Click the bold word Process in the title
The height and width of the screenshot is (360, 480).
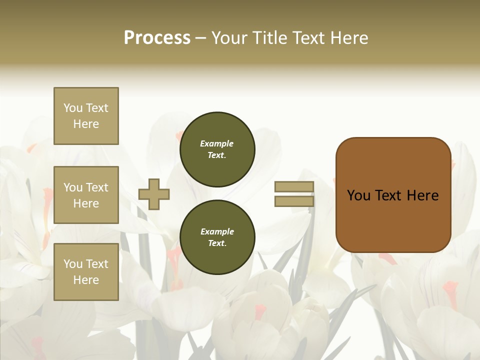[157, 38]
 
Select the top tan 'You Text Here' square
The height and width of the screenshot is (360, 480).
[86, 116]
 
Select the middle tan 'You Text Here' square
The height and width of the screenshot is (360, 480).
[86, 195]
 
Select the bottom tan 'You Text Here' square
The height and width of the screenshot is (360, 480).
[86, 272]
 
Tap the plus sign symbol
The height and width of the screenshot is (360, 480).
[154, 194]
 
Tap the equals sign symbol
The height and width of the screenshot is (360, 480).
[294, 194]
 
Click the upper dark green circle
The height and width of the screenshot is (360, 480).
[217, 149]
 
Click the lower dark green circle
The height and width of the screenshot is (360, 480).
[217, 237]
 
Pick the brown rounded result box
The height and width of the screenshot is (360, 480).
[393, 195]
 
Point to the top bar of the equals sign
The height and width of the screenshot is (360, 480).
[294, 187]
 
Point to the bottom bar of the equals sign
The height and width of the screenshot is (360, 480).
[294, 201]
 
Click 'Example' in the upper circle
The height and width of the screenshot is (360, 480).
[217, 143]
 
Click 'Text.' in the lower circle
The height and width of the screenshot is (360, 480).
[217, 243]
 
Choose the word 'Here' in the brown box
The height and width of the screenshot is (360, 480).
[422, 195]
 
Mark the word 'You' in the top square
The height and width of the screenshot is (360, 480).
[73, 108]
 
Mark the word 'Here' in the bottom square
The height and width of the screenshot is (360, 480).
[86, 280]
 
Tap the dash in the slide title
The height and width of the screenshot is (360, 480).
[201, 38]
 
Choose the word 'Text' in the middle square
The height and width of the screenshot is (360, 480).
[97, 187]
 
